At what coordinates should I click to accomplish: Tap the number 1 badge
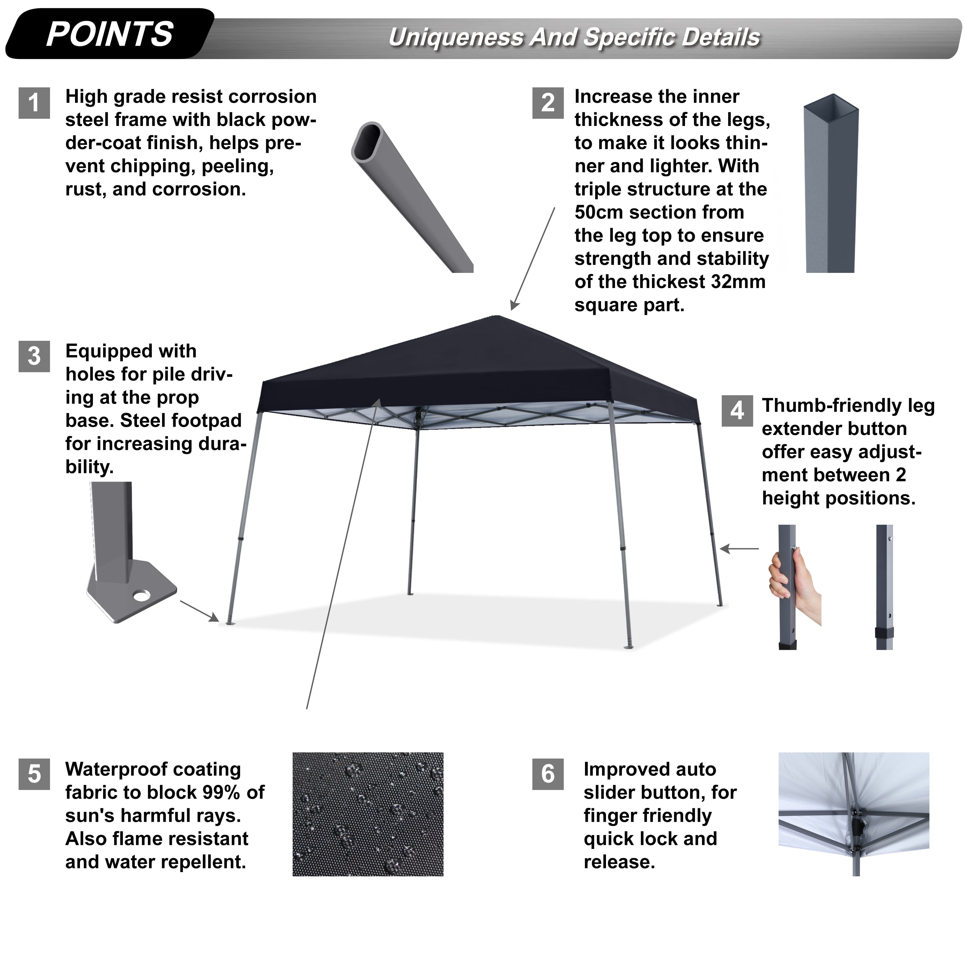(x=34, y=103)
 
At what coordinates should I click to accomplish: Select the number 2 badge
(x=548, y=103)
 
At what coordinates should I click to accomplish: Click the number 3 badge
(x=34, y=356)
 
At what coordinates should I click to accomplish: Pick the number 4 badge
(x=737, y=411)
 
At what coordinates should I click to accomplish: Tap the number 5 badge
(x=34, y=774)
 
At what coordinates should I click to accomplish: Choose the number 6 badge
(x=548, y=774)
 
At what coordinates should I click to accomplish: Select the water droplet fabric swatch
(x=368, y=814)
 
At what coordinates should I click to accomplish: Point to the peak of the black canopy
(x=496, y=316)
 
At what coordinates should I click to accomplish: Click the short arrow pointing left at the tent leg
(x=739, y=549)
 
